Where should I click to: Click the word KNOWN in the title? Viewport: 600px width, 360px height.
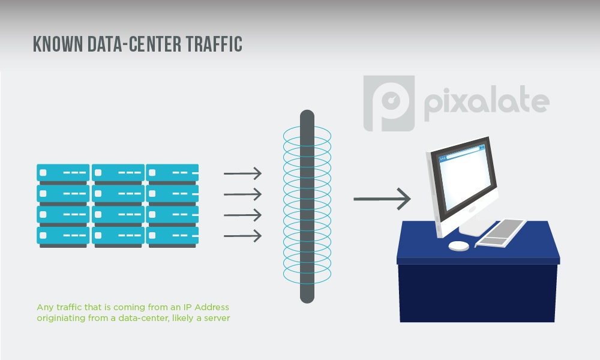(58, 44)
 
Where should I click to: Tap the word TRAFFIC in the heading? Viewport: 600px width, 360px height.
(214, 44)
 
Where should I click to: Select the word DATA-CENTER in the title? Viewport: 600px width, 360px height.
(134, 44)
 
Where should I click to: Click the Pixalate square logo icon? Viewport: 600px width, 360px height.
(389, 103)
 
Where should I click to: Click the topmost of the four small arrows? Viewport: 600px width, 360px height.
(242, 173)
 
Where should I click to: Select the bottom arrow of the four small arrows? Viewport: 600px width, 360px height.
(242, 236)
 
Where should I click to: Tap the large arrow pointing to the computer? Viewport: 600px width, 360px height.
(382, 199)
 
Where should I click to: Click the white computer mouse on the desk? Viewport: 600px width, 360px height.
(459, 246)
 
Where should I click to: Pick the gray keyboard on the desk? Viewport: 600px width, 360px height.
(501, 233)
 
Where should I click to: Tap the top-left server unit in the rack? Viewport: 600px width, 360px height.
(63, 173)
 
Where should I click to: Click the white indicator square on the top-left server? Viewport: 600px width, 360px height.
(43, 173)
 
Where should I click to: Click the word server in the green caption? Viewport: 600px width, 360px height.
(217, 318)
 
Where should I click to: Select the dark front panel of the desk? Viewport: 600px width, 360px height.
(478, 293)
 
